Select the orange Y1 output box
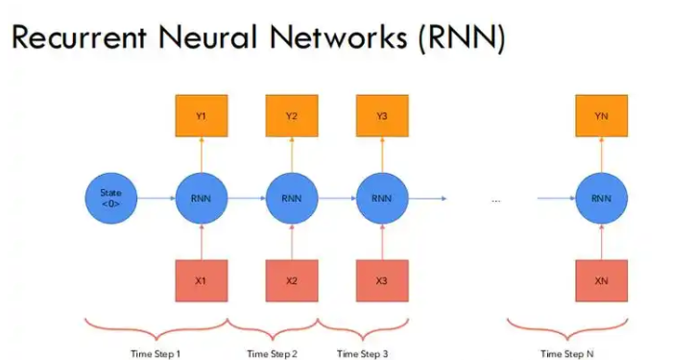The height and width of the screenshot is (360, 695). (x=200, y=116)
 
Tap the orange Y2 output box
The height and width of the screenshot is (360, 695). (x=291, y=116)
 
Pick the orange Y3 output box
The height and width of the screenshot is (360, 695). (x=381, y=116)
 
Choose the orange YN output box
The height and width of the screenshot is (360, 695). (x=602, y=116)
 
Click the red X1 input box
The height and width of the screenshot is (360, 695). (x=200, y=281)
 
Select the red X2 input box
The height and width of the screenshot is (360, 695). (x=291, y=281)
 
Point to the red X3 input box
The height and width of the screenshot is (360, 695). (x=381, y=281)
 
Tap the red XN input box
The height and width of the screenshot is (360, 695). (x=602, y=281)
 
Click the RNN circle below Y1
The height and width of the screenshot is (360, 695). (x=200, y=199)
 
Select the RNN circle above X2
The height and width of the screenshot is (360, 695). (x=291, y=199)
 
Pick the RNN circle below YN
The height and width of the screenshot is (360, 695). (x=602, y=199)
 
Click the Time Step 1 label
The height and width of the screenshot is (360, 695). (x=156, y=353)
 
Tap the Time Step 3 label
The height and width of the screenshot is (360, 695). (x=363, y=353)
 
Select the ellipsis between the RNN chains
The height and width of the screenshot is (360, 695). (x=495, y=200)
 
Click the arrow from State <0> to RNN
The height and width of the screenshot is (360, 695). (x=154, y=199)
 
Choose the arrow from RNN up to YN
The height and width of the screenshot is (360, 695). (x=602, y=156)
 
